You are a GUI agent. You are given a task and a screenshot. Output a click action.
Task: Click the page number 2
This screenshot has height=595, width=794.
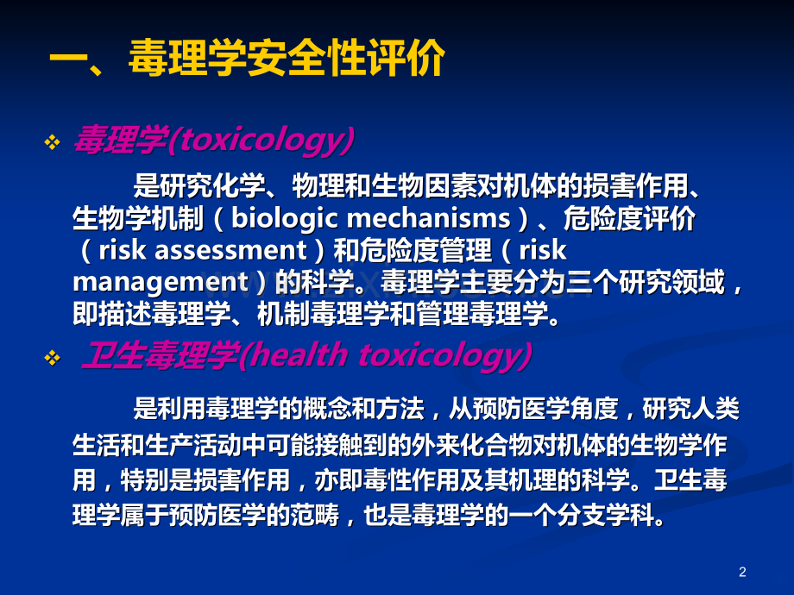742,573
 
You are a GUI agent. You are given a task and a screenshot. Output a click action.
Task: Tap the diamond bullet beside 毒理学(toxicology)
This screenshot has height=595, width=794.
52,142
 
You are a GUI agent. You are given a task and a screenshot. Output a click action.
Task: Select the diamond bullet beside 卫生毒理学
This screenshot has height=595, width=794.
52,358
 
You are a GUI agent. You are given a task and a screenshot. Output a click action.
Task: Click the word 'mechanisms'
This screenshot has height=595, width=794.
430,218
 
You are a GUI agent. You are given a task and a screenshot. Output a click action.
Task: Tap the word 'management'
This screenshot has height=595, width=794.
161,283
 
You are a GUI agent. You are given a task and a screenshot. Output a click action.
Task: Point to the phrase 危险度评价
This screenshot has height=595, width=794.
629,218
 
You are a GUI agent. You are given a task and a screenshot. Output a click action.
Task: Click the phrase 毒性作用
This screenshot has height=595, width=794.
413,480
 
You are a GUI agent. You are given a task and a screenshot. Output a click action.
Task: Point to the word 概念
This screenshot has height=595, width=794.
327,409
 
